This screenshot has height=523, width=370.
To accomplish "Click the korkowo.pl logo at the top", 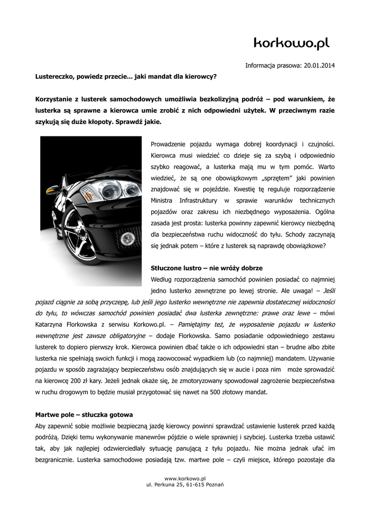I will click(292, 43).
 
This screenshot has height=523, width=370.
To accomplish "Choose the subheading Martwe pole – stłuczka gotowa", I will click(84, 414).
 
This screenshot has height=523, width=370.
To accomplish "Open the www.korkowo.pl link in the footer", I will click(184, 478).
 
